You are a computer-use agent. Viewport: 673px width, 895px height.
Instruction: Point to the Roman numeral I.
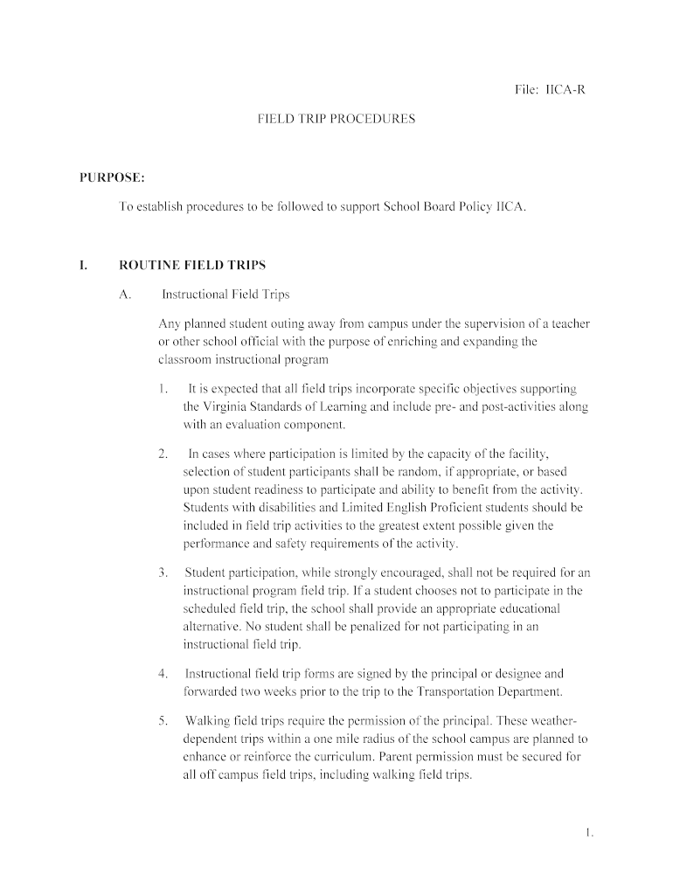[83, 265]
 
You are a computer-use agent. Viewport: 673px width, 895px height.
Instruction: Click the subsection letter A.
[125, 295]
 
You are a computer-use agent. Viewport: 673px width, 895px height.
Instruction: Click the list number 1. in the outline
[163, 387]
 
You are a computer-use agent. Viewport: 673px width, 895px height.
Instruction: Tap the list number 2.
[163, 454]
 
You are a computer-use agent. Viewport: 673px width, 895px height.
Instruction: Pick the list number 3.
[163, 572]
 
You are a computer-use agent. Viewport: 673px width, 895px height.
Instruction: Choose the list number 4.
[163, 673]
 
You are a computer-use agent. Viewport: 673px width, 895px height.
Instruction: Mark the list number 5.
[163, 720]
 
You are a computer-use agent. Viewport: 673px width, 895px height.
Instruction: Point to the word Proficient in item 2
[434, 507]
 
